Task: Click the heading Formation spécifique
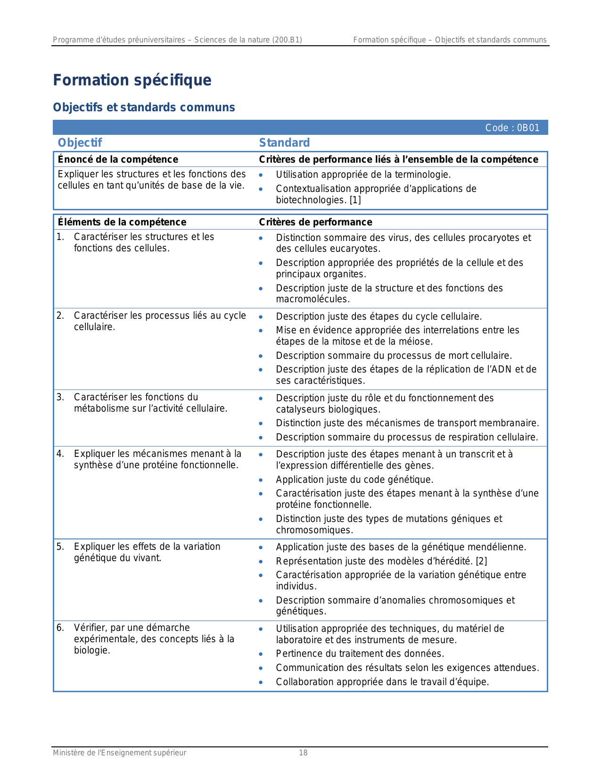(x=132, y=80)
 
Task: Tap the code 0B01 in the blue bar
(x=528, y=128)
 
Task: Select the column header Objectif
(x=80, y=143)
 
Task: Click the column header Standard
(x=284, y=143)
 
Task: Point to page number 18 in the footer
(x=303, y=753)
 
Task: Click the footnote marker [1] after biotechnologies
(x=355, y=200)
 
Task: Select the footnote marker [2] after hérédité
(x=481, y=561)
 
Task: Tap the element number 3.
(x=60, y=397)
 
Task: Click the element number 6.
(x=60, y=628)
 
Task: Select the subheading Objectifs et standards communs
(x=144, y=108)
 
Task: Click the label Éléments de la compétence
(x=122, y=222)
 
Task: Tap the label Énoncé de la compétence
(x=118, y=159)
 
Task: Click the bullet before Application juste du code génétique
(x=261, y=480)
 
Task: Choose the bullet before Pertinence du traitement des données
(x=261, y=654)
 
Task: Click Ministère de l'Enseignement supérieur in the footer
(x=119, y=753)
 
